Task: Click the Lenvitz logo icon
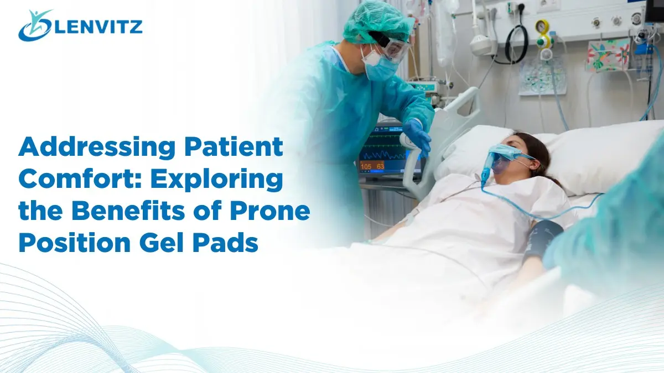click(34, 25)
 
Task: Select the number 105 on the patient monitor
click(366, 165)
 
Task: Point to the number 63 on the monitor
click(381, 165)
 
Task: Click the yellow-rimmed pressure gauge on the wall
click(542, 27)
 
